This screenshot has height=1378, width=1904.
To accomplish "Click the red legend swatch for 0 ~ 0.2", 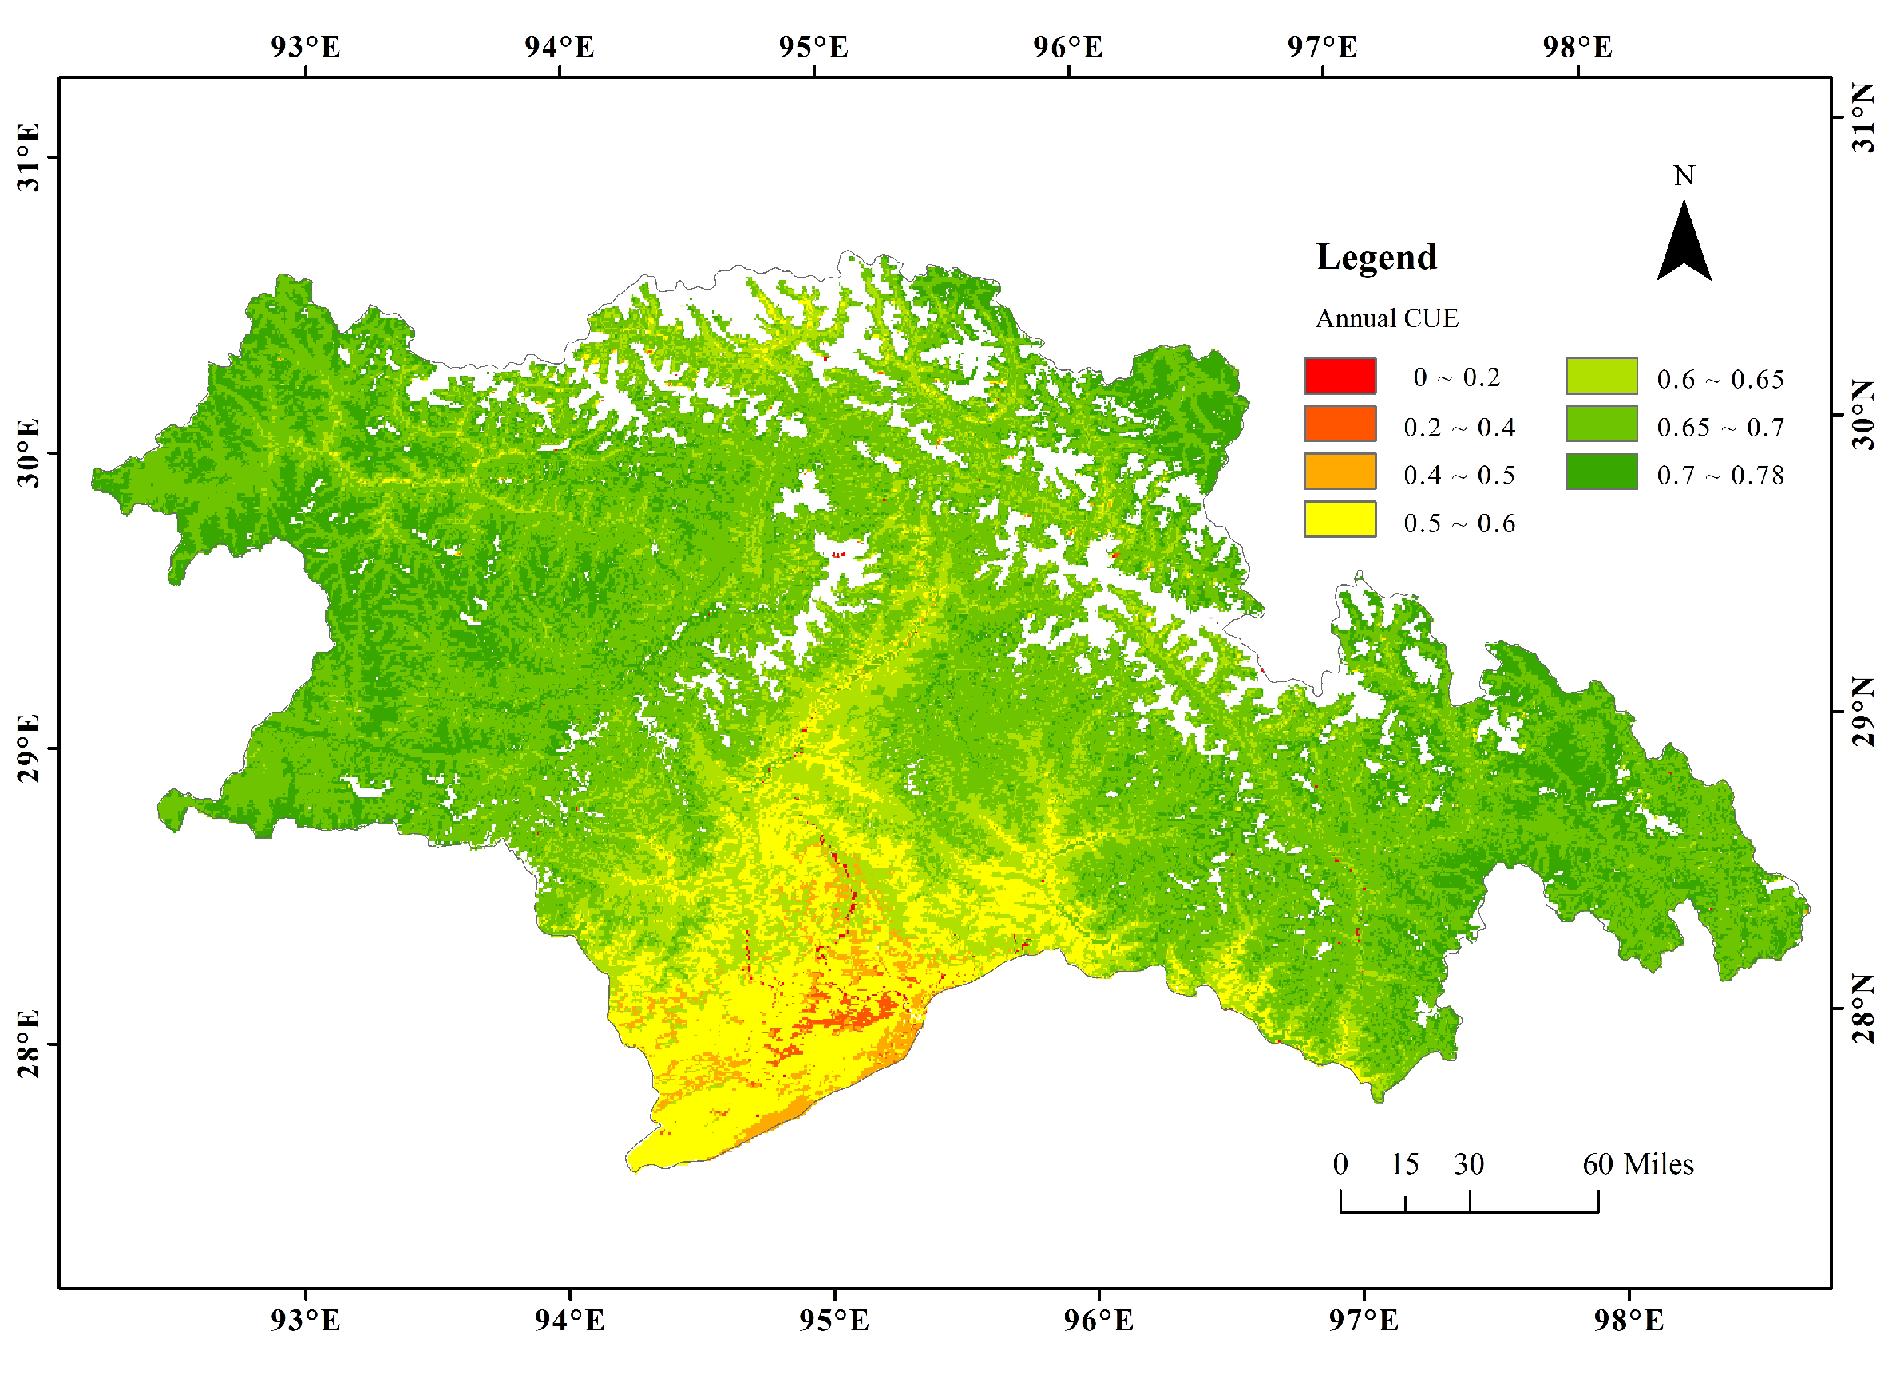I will click(1340, 376).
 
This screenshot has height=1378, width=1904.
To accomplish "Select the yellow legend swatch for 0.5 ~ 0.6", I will click(1340, 519).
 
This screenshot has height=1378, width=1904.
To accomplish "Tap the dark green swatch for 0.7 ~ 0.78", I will click(1601, 472).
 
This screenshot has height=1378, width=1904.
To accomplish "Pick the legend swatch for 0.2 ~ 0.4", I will click(1340, 423).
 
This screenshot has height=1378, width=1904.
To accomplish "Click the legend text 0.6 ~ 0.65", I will click(1720, 379).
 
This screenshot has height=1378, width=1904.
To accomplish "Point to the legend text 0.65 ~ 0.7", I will click(1720, 427).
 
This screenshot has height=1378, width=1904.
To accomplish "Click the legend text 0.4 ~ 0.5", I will click(1459, 475).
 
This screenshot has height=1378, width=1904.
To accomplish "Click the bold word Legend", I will click(1376, 257).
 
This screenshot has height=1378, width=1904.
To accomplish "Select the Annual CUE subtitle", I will click(1386, 319).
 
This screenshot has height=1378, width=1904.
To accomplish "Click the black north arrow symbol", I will click(1683, 243).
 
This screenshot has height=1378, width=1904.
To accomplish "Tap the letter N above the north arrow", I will click(1683, 176).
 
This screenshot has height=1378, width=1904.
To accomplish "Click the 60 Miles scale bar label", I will click(1638, 1164).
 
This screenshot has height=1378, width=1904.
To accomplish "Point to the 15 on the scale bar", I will click(1403, 1164).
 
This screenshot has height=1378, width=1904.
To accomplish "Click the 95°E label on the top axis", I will click(813, 47).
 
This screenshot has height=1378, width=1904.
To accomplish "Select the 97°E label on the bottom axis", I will click(1364, 1321).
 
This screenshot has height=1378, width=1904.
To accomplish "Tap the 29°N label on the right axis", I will click(1862, 712).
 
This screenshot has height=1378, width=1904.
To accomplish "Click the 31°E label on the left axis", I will click(29, 158).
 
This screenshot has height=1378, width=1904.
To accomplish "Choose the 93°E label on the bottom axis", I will click(305, 1321).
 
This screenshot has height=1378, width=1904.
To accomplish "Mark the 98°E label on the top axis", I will click(1577, 47).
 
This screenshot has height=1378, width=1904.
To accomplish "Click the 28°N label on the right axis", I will click(1862, 1009).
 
